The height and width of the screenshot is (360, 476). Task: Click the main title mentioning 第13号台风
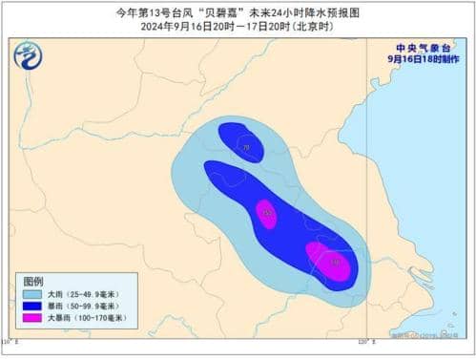pyautogui.click(x=238, y=11)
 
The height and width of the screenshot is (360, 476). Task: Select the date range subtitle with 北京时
pyautogui.click(x=238, y=26)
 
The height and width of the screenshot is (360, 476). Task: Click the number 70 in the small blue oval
pyautogui.click(x=247, y=148)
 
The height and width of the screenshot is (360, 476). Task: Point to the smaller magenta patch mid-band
pyautogui.click(x=267, y=215)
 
